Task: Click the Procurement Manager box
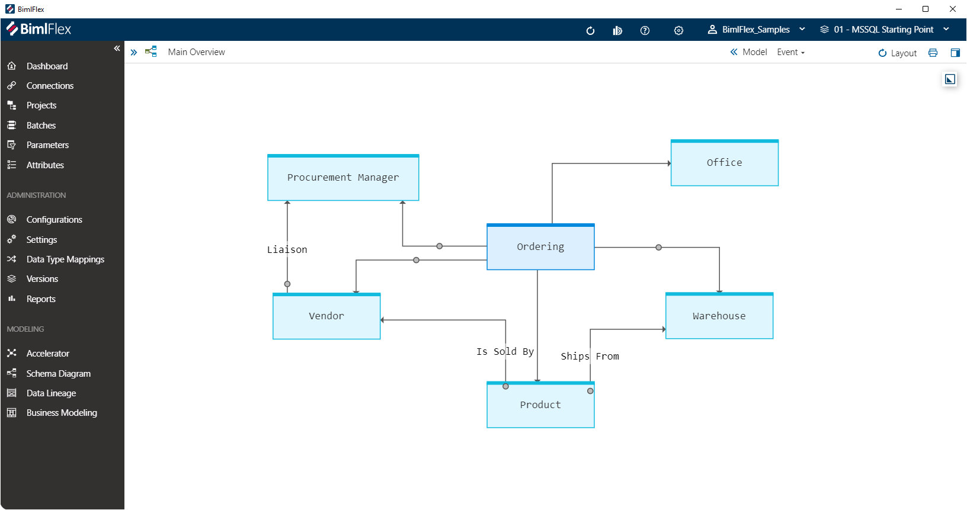(343, 178)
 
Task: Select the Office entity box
(724, 163)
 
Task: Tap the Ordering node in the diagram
(540, 247)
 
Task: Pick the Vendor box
(326, 316)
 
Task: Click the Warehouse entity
(719, 316)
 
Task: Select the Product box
(540, 405)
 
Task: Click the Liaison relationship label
(287, 250)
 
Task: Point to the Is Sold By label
(505, 352)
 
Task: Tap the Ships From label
(590, 357)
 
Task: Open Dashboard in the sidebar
(47, 66)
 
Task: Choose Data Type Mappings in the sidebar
(65, 259)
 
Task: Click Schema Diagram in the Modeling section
(58, 374)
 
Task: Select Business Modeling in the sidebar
(62, 413)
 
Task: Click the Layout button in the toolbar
(898, 53)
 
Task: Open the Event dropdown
(790, 52)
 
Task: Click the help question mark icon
(645, 31)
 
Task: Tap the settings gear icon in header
(678, 31)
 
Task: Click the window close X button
(953, 9)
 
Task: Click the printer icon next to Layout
(933, 53)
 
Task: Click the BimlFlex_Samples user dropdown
(756, 30)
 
